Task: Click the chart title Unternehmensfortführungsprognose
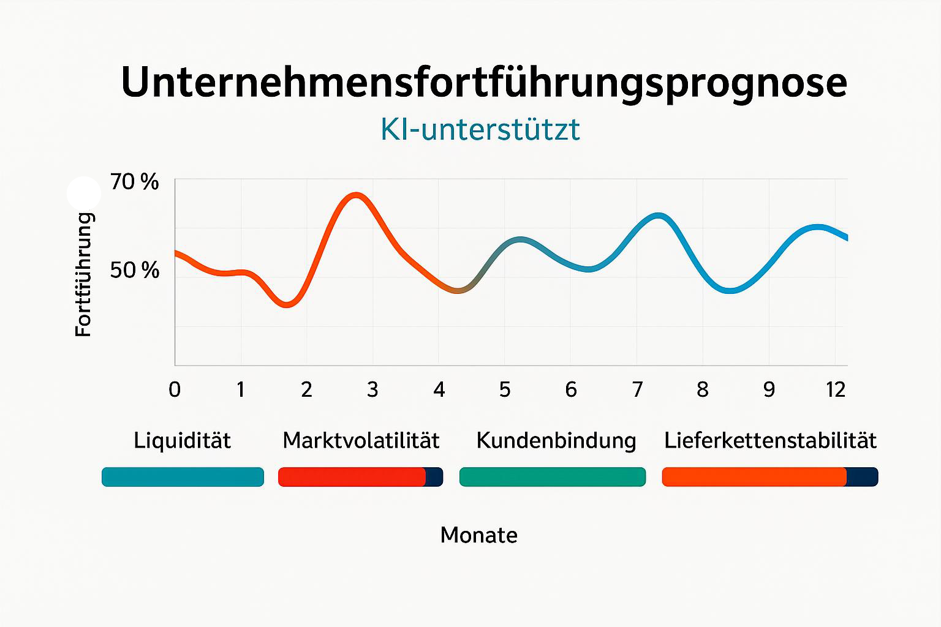(484, 82)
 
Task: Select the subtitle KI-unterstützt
(480, 129)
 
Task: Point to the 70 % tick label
(134, 182)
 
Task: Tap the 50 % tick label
(134, 270)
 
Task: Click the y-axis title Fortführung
(83, 274)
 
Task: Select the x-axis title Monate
(478, 535)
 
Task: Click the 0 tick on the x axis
(175, 389)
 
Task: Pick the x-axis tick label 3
(372, 389)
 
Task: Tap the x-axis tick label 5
(505, 389)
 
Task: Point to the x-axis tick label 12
(836, 389)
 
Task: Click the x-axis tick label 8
(703, 389)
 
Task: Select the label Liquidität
(182, 440)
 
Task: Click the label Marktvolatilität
(361, 440)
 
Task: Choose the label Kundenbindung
(556, 440)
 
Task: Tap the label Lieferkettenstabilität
(770, 440)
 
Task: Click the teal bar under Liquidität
(183, 477)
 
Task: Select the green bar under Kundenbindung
(552, 477)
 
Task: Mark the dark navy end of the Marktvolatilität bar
(434, 477)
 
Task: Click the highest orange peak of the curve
(356, 196)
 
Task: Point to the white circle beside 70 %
(83, 193)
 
